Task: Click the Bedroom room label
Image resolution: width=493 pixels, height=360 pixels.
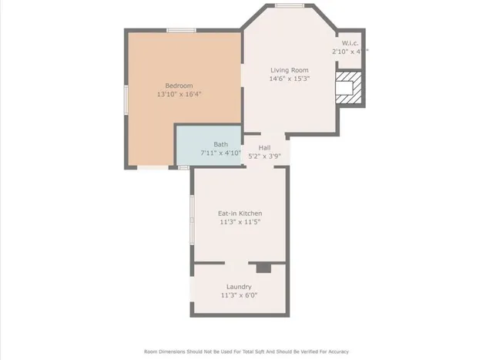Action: (179, 86)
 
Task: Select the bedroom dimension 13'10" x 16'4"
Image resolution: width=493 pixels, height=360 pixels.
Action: (179, 95)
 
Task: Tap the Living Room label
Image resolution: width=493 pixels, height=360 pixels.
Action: (289, 70)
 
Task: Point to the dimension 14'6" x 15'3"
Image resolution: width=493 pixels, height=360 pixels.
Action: (289, 79)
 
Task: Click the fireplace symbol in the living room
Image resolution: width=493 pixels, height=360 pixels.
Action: (349, 87)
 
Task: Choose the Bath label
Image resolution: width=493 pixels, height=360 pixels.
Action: (220, 144)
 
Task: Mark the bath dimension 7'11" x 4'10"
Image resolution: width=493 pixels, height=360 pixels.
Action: (220, 153)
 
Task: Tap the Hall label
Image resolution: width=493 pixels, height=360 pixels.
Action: (264, 147)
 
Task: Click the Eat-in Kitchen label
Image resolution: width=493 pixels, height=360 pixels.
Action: (240, 214)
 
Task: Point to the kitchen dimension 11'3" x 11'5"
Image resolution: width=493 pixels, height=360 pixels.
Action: (240, 222)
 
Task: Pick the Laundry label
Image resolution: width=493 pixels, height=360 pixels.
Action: (239, 287)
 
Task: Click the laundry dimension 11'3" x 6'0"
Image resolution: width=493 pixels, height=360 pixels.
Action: (239, 295)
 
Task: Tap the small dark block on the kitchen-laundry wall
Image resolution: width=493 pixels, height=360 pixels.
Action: (264, 267)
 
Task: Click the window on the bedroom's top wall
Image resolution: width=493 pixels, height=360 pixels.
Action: (180, 30)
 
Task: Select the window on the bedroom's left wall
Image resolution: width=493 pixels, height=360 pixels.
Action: (126, 100)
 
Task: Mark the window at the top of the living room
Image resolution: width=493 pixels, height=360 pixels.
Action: (289, 5)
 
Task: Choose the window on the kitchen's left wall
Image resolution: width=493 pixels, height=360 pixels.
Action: (192, 220)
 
